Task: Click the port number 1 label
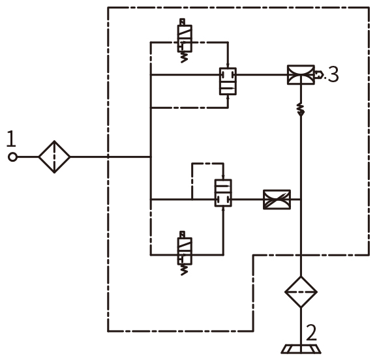pyautogui.click(x=11, y=138)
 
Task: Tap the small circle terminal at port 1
pyautogui.click(x=12, y=157)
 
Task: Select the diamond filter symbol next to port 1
pyautogui.click(x=54, y=157)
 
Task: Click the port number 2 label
pyautogui.click(x=311, y=333)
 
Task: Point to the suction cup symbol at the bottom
pyautogui.click(x=301, y=349)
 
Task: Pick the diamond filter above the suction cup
pyautogui.click(x=301, y=292)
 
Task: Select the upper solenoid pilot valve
pyautogui.click(x=185, y=38)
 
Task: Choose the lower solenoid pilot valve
pyautogui.click(x=185, y=251)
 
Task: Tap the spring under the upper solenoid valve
pyautogui.click(x=184, y=57)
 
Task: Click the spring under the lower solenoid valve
pyautogui.click(x=184, y=270)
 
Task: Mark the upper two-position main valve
pyautogui.click(x=228, y=81)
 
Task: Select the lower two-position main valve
pyautogui.click(x=223, y=193)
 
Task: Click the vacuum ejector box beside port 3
pyautogui.click(x=301, y=74)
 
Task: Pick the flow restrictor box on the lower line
pyautogui.click(x=277, y=200)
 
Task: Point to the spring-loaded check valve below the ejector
pyautogui.click(x=301, y=110)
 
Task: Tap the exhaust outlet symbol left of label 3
pyautogui.click(x=319, y=74)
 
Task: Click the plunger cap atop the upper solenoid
pyautogui.click(x=182, y=22)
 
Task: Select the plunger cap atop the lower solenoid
pyautogui.click(x=182, y=235)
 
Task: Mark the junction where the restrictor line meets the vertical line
pyautogui.click(x=301, y=200)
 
